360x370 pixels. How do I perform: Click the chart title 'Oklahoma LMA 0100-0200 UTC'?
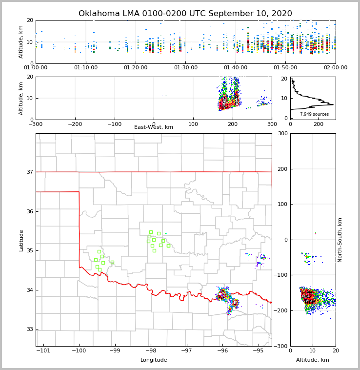tap(185, 14)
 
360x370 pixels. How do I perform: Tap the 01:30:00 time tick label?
tap(186, 68)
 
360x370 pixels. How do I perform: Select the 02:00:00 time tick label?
tap(336, 68)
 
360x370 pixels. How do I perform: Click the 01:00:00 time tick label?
tap(36, 68)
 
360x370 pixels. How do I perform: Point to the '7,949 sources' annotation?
tap(314, 114)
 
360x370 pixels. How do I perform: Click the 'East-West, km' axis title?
tap(154, 127)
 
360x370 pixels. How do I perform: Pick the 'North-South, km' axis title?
tap(340, 240)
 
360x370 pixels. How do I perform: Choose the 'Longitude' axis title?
tap(154, 360)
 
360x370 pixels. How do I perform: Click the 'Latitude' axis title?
tap(21, 240)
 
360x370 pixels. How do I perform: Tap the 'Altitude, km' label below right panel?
tap(313, 360)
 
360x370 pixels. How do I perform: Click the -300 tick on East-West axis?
tap(36, 124)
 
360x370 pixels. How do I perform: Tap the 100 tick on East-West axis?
tap(193, 124)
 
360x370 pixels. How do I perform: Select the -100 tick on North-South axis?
tap(281, 275)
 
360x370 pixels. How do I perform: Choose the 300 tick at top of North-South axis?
tap(283, 133)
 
